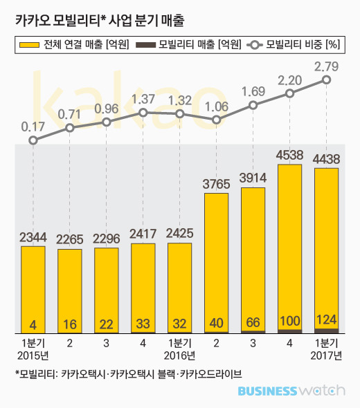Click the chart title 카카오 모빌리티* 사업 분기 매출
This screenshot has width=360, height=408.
pyautogui.click(x=100, y=20)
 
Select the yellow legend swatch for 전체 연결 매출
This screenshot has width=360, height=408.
pyautogui.click(x=30, y=45)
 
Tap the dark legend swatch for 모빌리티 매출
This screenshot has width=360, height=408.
pyautogui.click(x=145, y=45)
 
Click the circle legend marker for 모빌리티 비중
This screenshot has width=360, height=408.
pyautogui.click(x=255, y=45)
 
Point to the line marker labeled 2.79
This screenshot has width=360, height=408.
pyautogui.click(x=326, y=80)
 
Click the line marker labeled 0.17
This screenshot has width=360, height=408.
pyautogui.click(x=33, y=140)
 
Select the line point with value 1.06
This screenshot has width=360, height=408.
pyautogui.click(x=216, y=120)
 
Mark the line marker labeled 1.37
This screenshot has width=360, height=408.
pyautogui.click(x=143, y=113)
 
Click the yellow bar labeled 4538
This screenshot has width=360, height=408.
pyautogui.click(x=289, y=249)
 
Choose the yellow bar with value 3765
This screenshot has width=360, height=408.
pyautogui.click(x=216, y=263)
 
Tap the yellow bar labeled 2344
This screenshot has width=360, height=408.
pyautogui.click(x=33, y=290)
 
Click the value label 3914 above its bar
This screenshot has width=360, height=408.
pyautogui.click(x=253, y=178)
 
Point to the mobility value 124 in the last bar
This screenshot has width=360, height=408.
pyautogui.click(x=326, y=319)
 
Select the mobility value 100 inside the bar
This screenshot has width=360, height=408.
pyautogui.click(x=289, y=321)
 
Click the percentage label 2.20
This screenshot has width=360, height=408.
pyautogui.click(x=289, y=81)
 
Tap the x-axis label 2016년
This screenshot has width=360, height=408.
pyautogui.click(x=179, y=355)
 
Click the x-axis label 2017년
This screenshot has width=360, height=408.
pyautogui.click(x=326, y=355)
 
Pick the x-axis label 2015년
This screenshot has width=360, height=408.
pyautogui.click(x=33, y=355)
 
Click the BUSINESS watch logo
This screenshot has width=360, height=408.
pyautogui.click(x=291, y=391)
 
